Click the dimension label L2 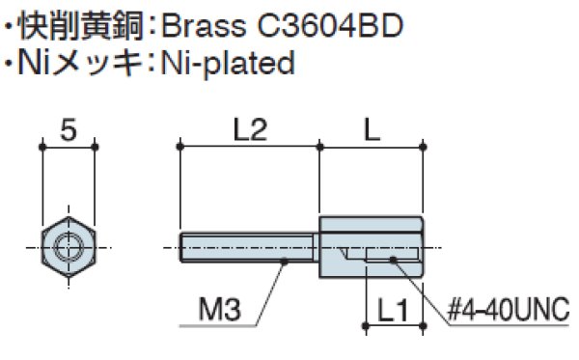(x=250, y=127)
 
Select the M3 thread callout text (x=219, y=310)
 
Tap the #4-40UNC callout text (x=510, y=310)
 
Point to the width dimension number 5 (x=68, y=127)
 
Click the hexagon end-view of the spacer (x=68, y=248)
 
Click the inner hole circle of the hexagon (x=68, y=248)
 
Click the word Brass (x=199, y=22)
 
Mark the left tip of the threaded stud (x=181, y=248)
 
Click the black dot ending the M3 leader (x=286, y=260)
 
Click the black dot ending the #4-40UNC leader (x=395, y=259)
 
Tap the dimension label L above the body (x=372, y=127)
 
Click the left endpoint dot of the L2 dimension (x=181, y=147)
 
